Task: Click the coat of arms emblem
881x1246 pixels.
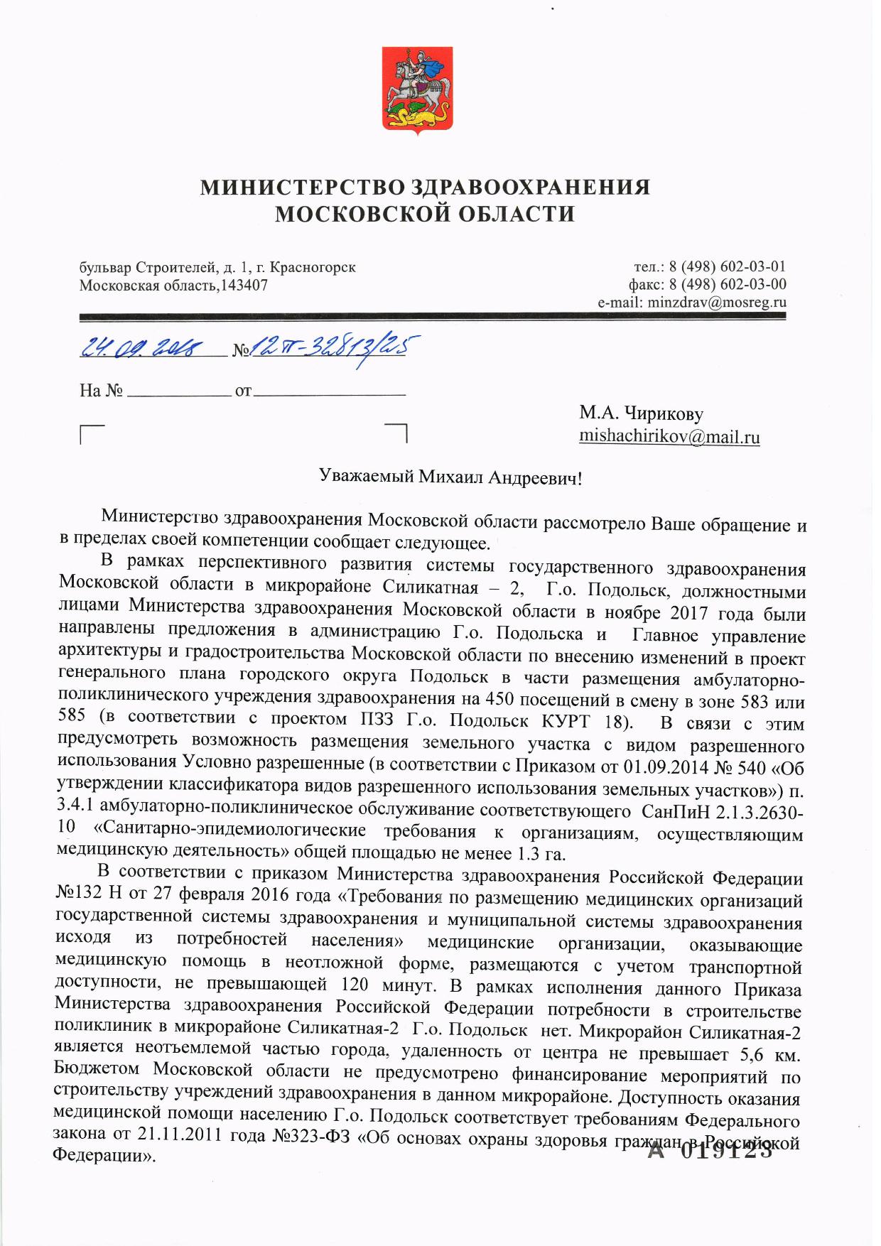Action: point(417,90)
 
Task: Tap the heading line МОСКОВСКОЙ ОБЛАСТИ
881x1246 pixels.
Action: point(424,213)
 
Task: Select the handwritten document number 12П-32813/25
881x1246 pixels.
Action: point(334,347)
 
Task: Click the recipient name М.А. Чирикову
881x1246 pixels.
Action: point(641,413)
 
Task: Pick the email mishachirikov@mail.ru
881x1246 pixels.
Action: point(669,436)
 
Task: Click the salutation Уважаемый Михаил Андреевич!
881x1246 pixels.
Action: point(451,477)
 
